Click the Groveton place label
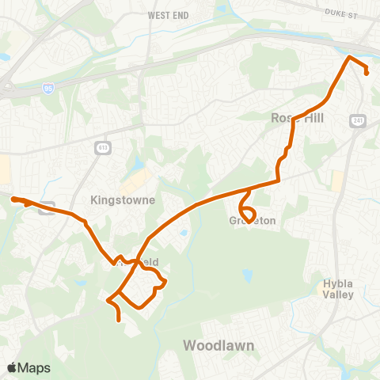(253, 221)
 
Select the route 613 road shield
(103, 147)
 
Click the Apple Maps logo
(28, 367)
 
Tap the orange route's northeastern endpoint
(368, 73)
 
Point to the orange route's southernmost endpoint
(119, 320)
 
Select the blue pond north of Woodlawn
(246, 276)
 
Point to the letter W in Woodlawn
(190, 345)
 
